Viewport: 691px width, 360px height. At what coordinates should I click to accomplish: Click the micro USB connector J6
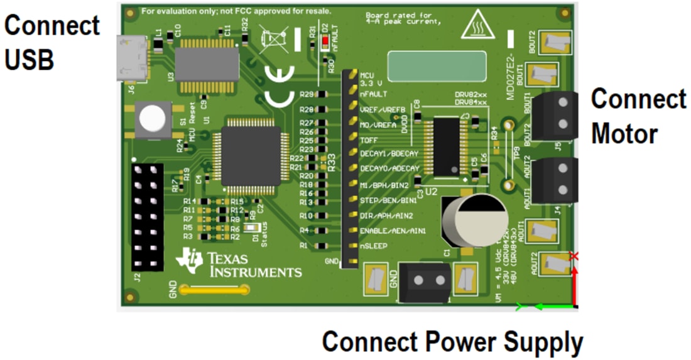pos(131,58)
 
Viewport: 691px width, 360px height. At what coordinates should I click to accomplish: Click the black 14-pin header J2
pos(148,217)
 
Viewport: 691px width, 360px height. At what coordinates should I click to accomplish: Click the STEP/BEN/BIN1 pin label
pos(388,200)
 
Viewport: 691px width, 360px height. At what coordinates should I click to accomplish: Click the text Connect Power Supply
pos(452,342)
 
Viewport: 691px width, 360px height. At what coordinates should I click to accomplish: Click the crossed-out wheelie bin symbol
pos(275,39)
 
